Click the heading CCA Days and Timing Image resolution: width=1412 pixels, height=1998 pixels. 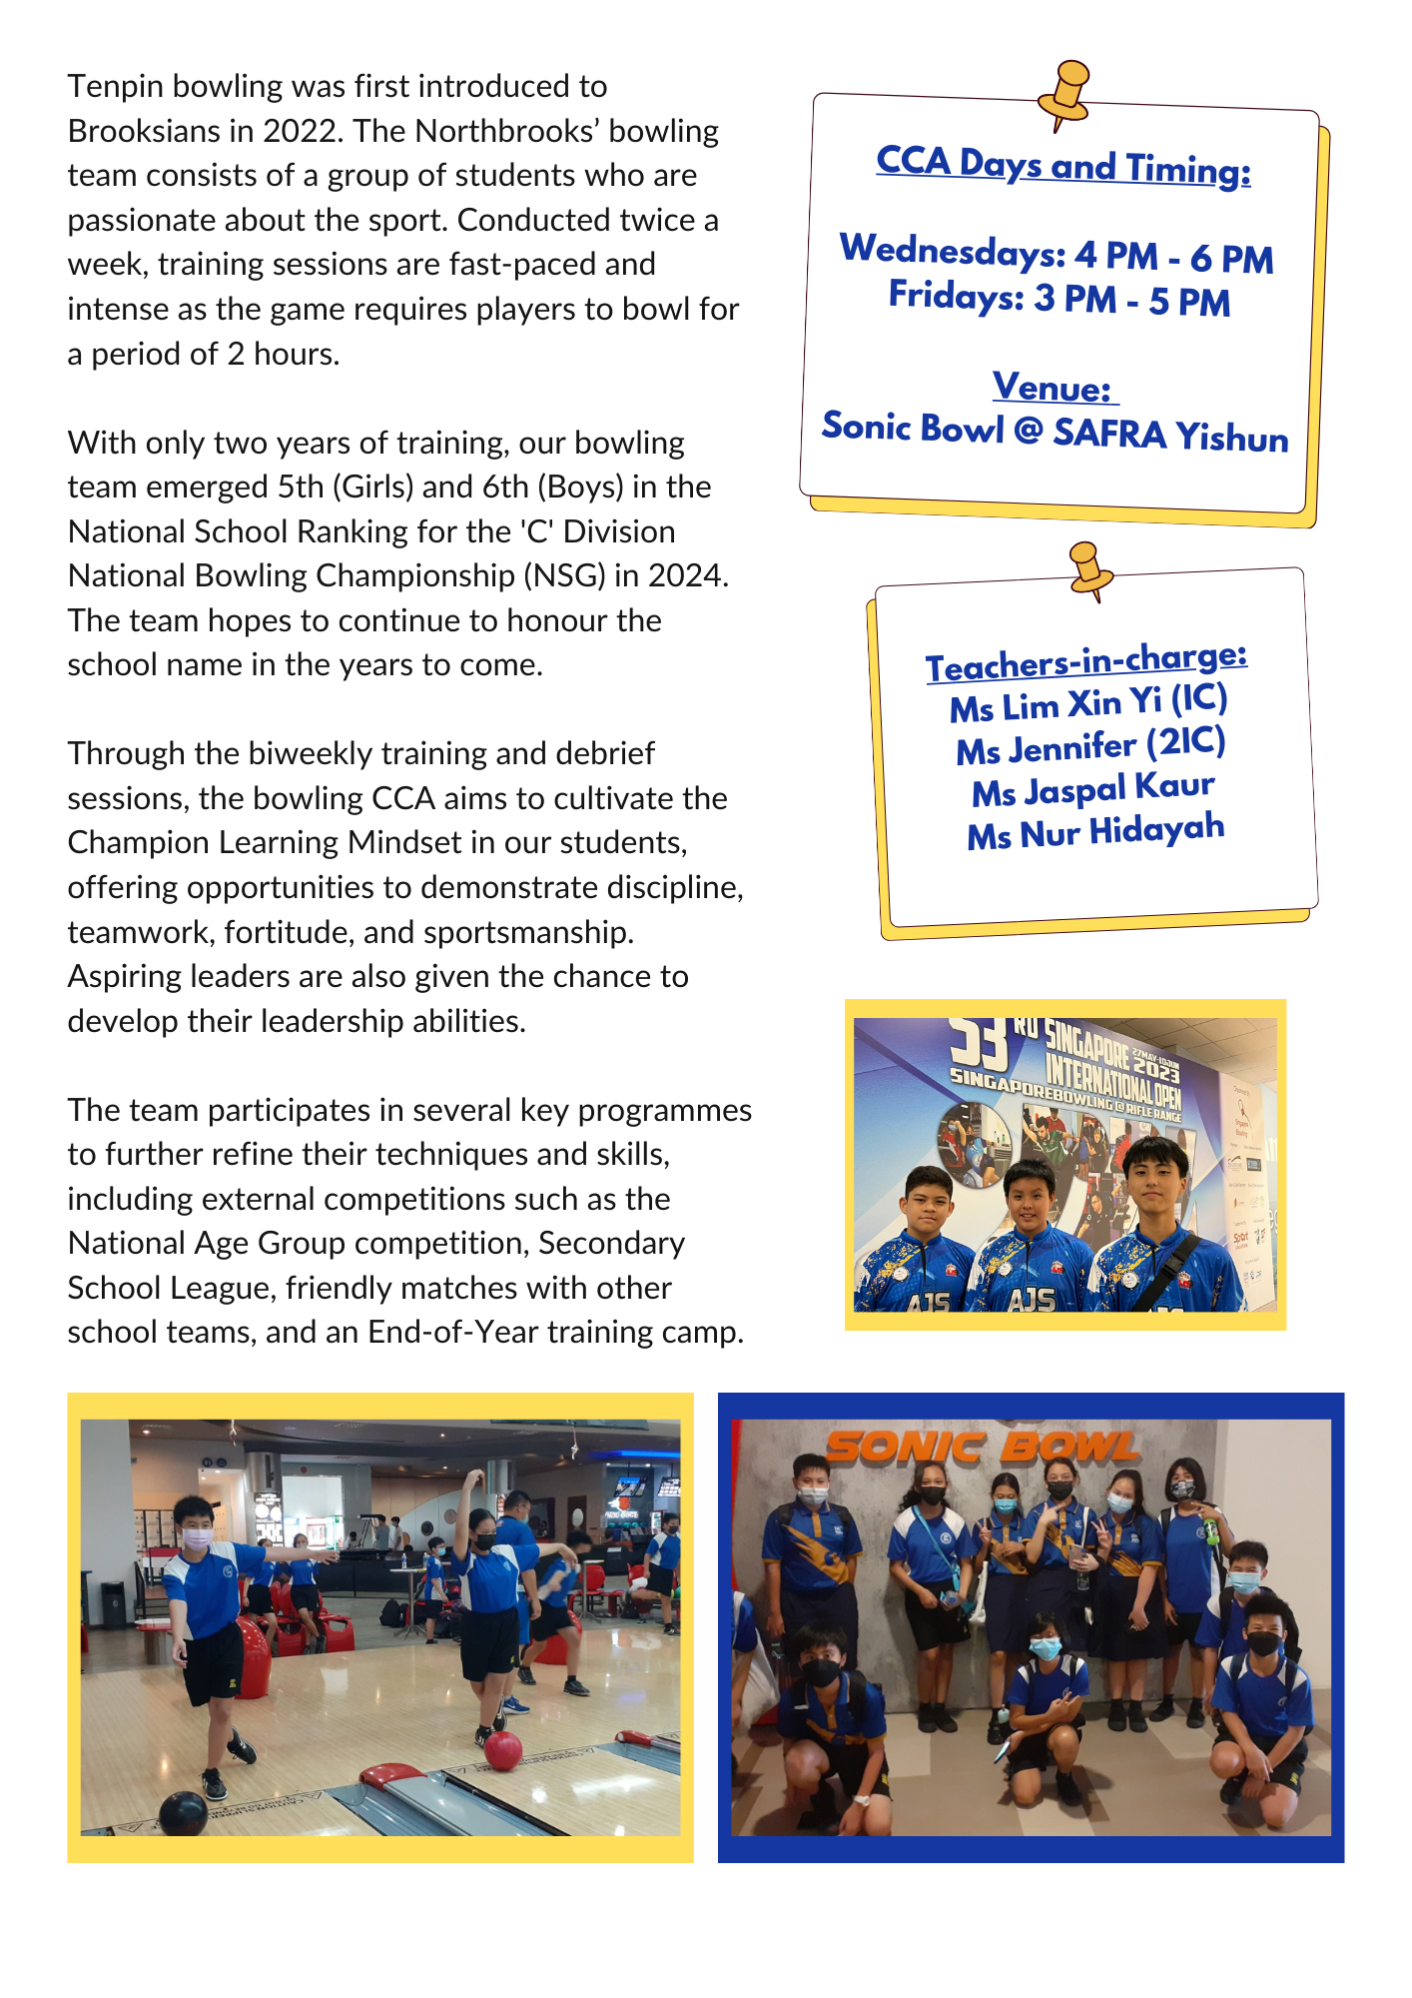coord(1062,166)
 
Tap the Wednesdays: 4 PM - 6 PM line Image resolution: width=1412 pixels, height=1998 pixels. coord(1057,254)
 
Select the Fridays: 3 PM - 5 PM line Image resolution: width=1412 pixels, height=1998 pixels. coord(1059,299)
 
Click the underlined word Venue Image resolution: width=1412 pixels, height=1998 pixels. coord(1053,388)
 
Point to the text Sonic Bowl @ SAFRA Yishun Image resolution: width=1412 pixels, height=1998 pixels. coord(1055,433)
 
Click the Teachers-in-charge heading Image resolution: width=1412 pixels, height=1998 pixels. coord(1085,662)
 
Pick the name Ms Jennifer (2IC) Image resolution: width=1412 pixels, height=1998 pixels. coord(1090,746)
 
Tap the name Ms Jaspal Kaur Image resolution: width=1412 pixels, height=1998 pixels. coord(1093,789)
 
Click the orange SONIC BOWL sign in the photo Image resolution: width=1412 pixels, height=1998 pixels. coord(982,1447)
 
